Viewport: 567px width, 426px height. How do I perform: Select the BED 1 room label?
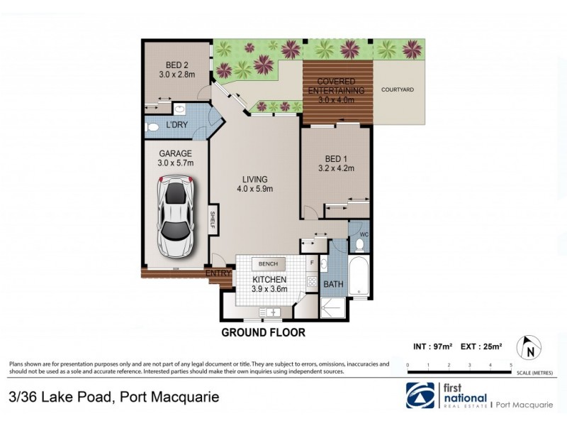335,163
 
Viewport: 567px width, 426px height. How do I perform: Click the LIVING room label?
254,182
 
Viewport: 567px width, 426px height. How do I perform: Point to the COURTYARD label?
397,90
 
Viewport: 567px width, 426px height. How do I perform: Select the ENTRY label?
218,273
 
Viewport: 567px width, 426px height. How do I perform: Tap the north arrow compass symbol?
529,347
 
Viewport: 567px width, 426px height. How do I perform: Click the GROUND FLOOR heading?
263,332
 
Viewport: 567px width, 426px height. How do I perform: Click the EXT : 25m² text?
482,347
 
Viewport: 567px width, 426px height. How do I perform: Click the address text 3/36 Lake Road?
114,396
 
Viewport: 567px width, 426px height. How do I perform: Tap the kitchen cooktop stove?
311,282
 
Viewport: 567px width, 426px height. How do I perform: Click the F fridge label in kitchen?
311,262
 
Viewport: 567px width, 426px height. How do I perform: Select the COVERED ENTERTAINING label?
336,86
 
